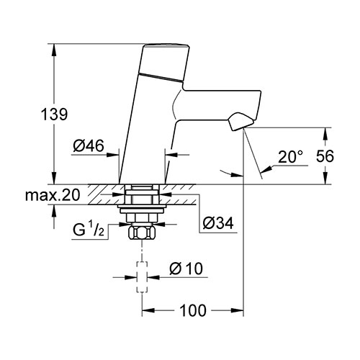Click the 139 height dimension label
(x=55, y=114)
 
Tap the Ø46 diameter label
(x=89, y=145)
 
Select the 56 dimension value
(x=325, y=156)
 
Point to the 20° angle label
(x=291, y=157)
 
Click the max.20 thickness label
(x=53, y=195)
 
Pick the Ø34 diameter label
(x=218, y=223)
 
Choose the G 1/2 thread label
(x=89, y=230)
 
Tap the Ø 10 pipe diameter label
(x=186, y=269)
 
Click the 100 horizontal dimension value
(x=193, y=310)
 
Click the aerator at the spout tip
(x=240, y=122)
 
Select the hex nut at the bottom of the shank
(x=142, y=233)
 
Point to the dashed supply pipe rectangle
(x=142, y=277)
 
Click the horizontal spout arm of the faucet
(x=217, y=105)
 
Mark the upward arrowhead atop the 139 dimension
(x=54, y=50)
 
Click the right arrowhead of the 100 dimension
(x=238, y=310)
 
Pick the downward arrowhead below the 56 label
(x=325, y=179)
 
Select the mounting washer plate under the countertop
(x=142, y=207)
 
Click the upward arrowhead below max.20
(x=54, y=211)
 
